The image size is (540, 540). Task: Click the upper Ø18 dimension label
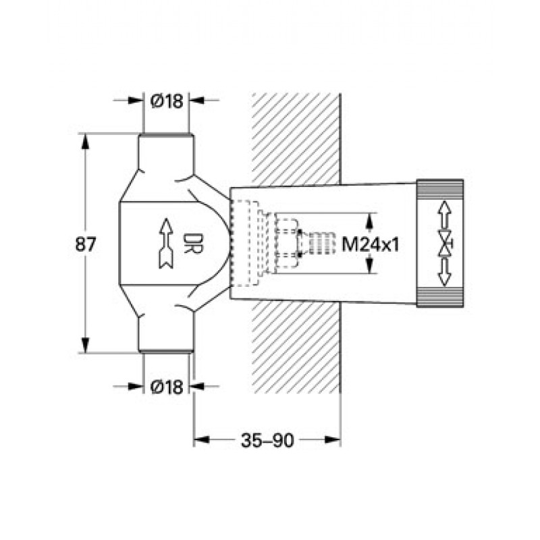(167, 101)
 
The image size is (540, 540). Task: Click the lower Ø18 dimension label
(167, 387)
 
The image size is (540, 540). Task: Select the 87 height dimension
(85, 245)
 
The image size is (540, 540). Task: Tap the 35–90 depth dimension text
(267, 440)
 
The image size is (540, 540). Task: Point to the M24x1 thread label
(370, 245)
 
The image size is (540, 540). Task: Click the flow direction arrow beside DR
(166, 243)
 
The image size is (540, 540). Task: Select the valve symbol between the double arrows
(445, 244)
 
